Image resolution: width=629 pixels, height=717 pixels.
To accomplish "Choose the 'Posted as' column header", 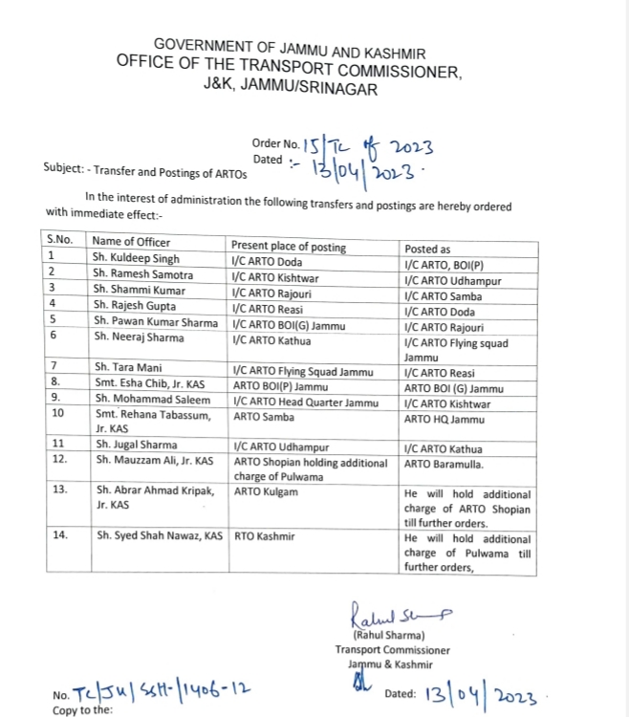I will (427, 248).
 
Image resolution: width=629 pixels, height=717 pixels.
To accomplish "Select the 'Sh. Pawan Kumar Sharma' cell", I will (156, 321).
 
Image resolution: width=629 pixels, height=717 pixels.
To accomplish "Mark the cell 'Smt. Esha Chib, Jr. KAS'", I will (153, 383).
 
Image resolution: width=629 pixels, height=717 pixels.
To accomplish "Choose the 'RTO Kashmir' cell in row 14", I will (264, 536).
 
